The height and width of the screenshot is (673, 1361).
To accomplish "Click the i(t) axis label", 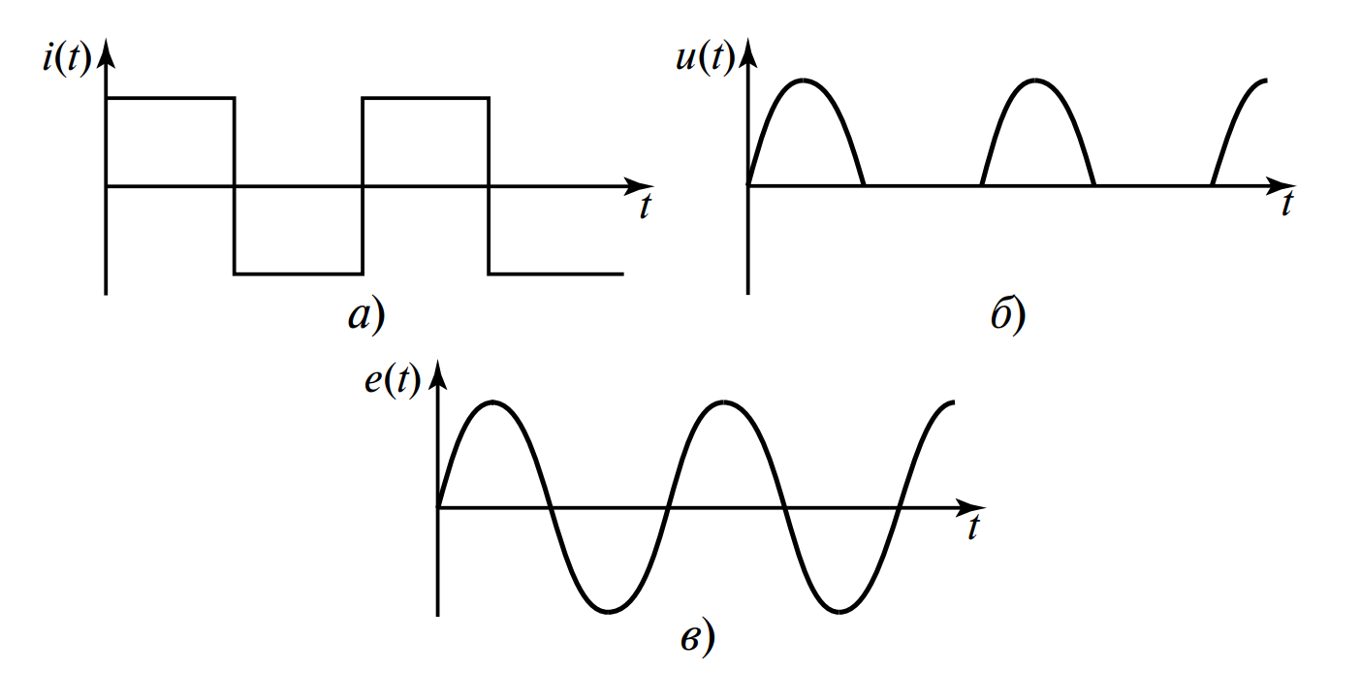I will tap(66, 60).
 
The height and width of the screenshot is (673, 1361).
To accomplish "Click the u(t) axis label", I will tap(704, 59).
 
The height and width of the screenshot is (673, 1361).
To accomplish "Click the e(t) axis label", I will tap(393, 381).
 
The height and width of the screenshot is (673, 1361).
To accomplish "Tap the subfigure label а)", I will tap(366, 315).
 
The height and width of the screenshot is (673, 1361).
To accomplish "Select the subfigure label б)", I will tap(1007, 316).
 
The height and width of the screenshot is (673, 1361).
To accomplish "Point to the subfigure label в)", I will tap(696, 638).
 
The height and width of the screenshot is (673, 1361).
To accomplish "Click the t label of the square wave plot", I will tap(644, 207).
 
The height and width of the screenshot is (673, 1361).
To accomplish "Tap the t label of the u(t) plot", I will tap(1286, 205).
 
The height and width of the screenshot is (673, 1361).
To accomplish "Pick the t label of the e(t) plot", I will tap(972, 529).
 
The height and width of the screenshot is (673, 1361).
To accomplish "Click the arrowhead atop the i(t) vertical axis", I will tap(106, 52).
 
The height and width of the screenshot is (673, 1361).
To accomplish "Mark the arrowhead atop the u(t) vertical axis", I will tap(747, 52).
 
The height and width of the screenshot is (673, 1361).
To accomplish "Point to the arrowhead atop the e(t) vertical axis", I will tap(438, 374).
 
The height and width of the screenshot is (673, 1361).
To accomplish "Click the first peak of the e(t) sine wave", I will tap(494, 401).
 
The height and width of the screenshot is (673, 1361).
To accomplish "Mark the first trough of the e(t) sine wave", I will tap(608, 611).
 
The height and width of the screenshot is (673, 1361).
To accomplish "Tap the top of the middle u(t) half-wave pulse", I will tap(1036, 80).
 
